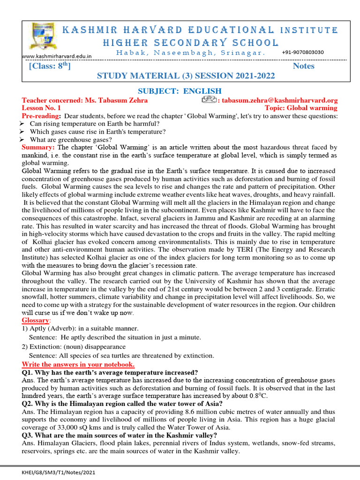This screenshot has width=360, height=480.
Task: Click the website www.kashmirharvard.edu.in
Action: coord(57,56)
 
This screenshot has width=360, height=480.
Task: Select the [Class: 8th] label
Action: coord(50,66)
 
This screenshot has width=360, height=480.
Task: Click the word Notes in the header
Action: coord(303,66)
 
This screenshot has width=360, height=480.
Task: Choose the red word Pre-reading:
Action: coord(41,116)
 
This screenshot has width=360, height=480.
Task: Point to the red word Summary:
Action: coord(39,148)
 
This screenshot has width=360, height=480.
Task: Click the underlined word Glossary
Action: coord(36,320)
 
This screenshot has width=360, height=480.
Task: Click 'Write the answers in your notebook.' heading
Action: coord(78,364)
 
